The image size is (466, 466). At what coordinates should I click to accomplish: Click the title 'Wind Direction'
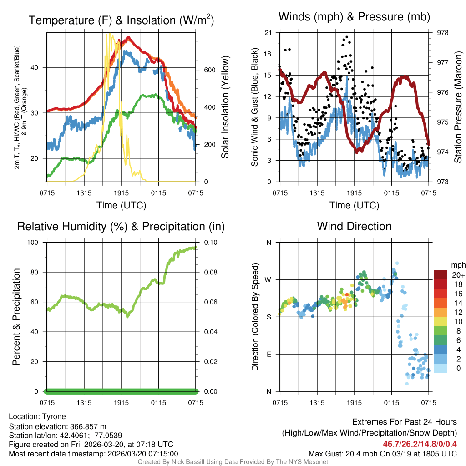354,226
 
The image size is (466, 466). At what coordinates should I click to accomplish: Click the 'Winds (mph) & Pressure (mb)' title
354,17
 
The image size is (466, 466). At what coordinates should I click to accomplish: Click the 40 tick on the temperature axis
38,67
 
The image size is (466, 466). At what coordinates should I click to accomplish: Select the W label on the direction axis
269,279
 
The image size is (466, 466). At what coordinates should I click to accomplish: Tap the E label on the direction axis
269,354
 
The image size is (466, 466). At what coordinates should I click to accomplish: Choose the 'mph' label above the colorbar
457,265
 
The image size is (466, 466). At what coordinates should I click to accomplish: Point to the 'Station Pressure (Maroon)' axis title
458,107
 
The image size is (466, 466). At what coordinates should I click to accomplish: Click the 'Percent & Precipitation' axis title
16,317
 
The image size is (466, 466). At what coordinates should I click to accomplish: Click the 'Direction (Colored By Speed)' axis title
255,317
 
